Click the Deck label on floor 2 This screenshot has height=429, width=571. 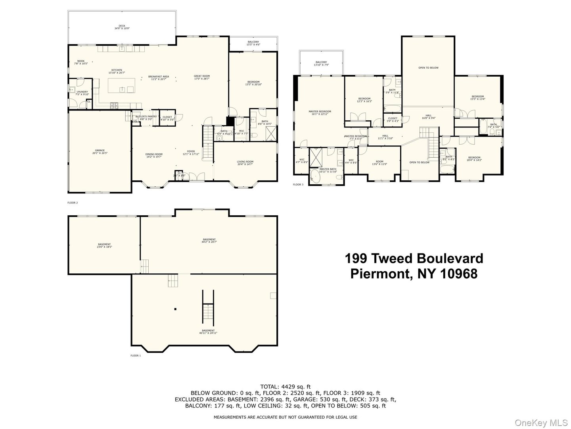pos(122,27)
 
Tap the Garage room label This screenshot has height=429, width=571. pos(100,152)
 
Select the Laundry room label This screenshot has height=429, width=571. pos(82,93)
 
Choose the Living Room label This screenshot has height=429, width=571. pos(245,163)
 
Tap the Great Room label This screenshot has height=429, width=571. pos(202,77)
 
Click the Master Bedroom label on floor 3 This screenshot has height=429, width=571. pos(320,113)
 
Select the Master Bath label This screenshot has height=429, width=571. pos(328,170)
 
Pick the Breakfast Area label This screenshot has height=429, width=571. pos(159,78)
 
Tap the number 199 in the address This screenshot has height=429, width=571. pos(356,259)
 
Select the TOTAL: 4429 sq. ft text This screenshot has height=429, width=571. pos(285,386)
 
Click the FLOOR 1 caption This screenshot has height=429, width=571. pos(136,356)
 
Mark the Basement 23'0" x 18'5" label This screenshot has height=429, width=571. pos(104,245)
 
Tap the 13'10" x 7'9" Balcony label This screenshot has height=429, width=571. pos(321,64)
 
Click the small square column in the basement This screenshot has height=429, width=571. pos(175,309)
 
